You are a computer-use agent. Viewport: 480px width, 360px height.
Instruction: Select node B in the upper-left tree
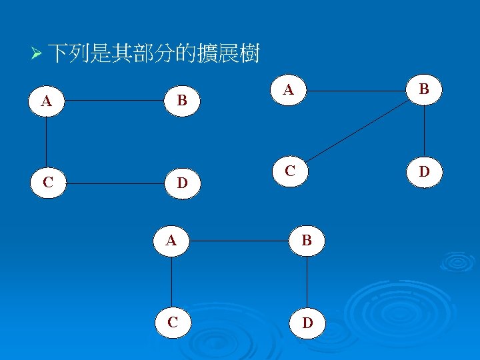point(181,101)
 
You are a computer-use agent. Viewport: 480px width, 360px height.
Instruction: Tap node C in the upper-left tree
point(47,182)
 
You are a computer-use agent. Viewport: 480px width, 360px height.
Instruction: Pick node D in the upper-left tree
point(181,182)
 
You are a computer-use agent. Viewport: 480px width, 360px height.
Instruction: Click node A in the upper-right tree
point(289,89)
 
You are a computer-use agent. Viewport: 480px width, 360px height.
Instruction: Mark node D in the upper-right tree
point(425,171)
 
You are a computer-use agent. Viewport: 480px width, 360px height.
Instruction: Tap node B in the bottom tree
point(307,241)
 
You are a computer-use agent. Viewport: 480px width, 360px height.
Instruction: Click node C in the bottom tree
point(173,322)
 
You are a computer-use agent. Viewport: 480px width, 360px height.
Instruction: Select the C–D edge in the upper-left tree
point(114,182)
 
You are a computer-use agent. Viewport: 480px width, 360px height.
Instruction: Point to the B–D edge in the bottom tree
point(307,281)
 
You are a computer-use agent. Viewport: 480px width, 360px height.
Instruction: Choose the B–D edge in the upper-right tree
point(425,131)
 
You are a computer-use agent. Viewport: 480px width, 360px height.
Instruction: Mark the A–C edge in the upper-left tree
point(47,142)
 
